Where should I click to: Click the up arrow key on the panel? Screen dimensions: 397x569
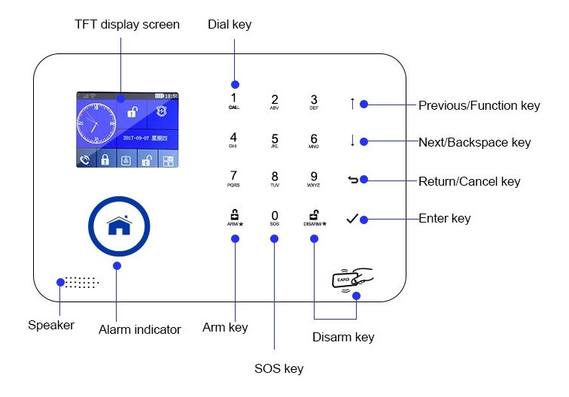pos(351,104)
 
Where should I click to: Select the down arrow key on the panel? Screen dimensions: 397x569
pos(351,141)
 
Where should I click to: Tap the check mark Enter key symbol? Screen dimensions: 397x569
pos(351,219)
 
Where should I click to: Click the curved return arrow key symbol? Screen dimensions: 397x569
pos(351,180)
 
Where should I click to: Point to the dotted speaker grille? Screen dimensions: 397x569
pos(81,282)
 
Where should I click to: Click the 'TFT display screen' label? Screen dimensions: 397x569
pos(127,25)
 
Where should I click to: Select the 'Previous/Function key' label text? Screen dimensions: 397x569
pos(479,105)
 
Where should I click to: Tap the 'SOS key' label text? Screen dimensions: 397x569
pos(278,368)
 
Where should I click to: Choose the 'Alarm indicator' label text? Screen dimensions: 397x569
pos(140,329)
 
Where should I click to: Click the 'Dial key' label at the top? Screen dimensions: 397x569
pos(230,25)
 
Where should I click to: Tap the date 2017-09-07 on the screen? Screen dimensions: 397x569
pos(138,139)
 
